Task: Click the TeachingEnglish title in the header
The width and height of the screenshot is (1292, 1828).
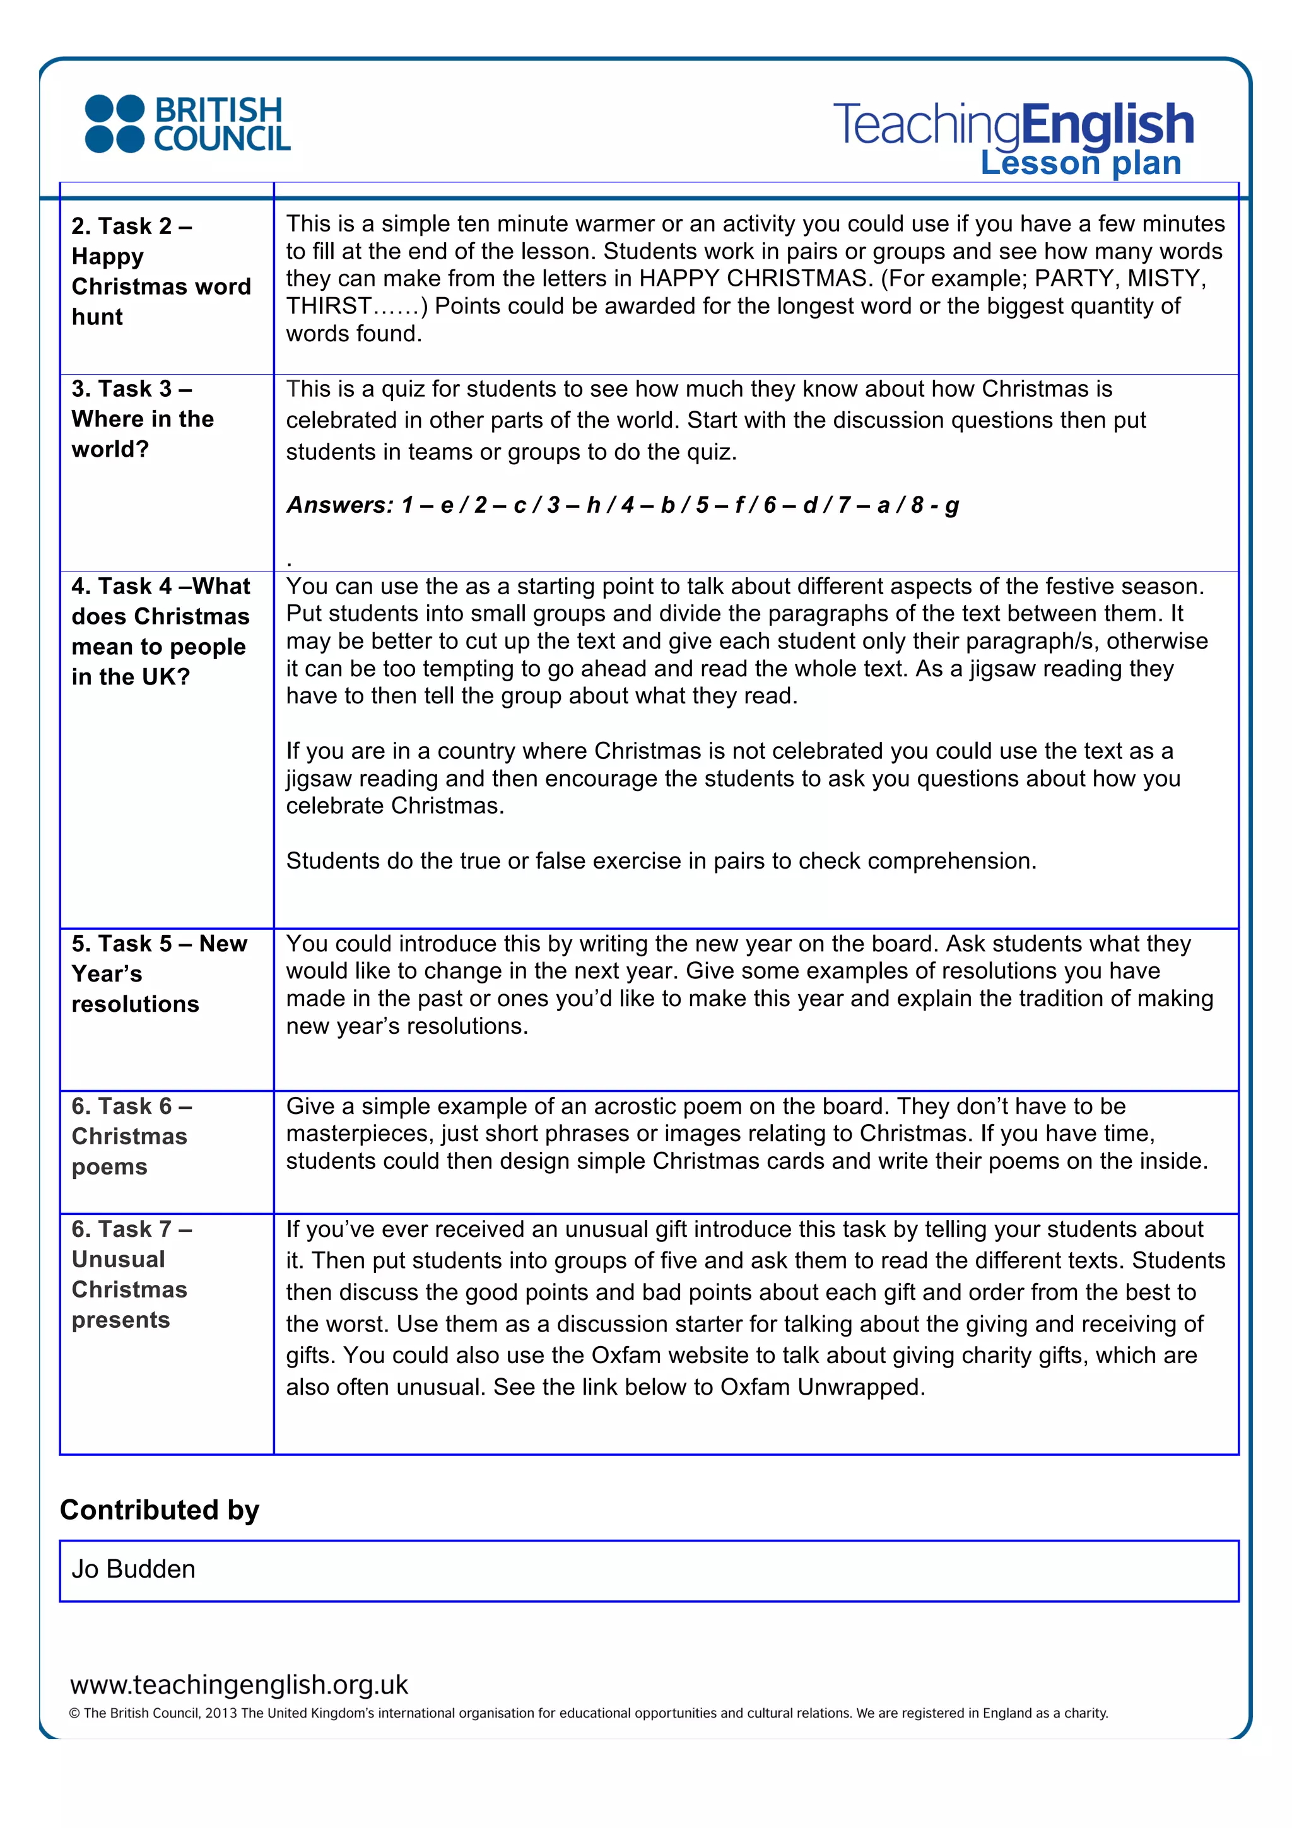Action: pos(1013,125)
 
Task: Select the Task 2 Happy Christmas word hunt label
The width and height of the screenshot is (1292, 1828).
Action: pos(160,271)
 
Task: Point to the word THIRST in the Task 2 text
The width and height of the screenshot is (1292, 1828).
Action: pos(329,307)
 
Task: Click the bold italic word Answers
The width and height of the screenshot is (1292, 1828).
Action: pos(340,505)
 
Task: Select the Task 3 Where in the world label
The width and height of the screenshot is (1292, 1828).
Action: pos(143,419)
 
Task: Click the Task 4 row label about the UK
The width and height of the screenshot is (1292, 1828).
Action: pos(160,631)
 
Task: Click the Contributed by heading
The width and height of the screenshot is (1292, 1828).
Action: pos(159,1510)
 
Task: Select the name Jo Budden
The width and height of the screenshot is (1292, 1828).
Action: pos(133,1569)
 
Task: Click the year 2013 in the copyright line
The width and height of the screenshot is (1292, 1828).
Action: pos(221,1713)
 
